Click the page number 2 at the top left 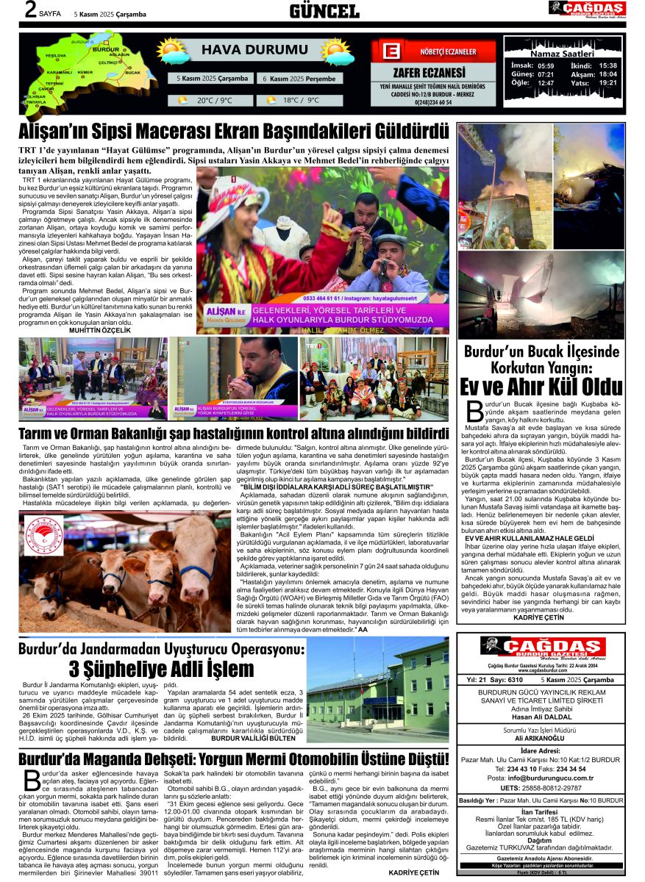coord(30,10)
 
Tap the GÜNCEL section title coord(324,10)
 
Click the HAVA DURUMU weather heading coord(254,50)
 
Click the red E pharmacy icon coord(392,51)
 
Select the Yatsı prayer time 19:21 coord(607,83)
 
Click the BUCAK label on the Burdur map coord(132,73)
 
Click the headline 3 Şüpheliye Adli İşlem coord(160,669)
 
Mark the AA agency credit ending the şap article coord(362,630)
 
